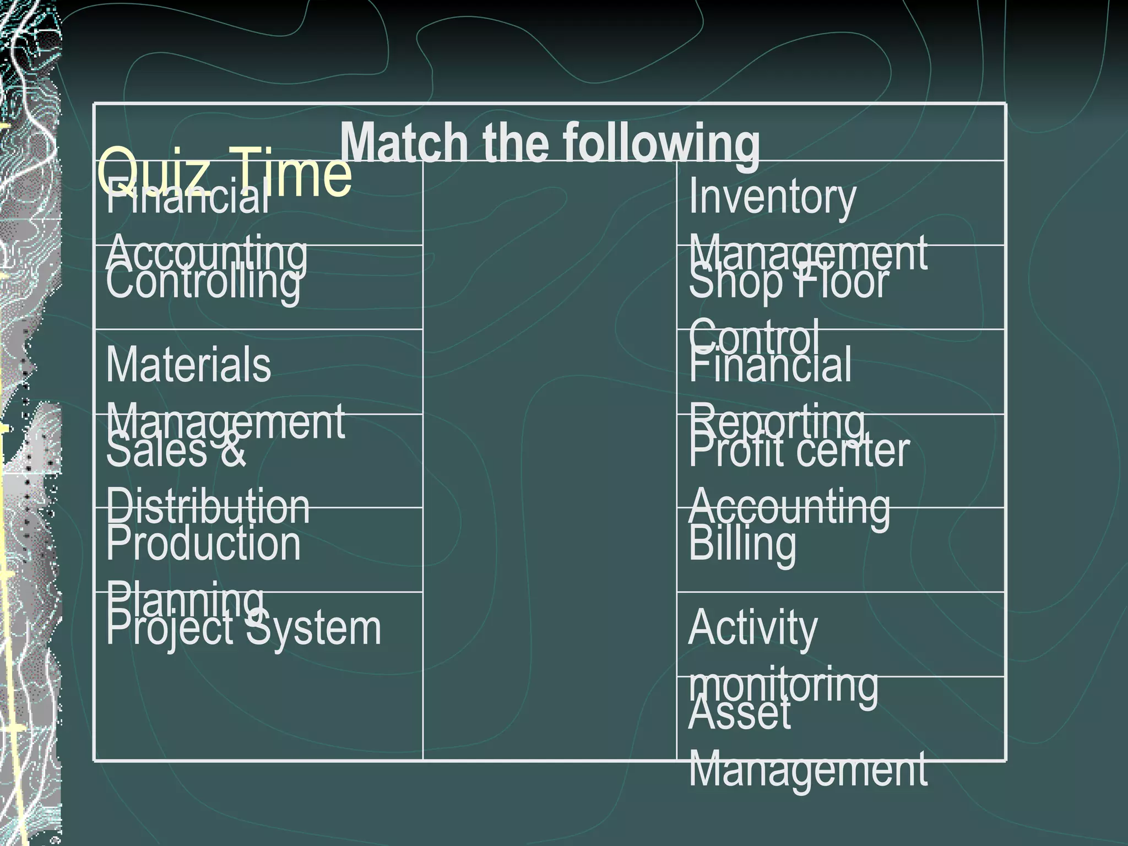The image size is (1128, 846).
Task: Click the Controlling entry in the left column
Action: (x=203, y=283)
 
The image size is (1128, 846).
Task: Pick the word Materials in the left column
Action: (x=188, y=365)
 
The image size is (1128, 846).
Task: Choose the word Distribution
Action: (x=208, y=507)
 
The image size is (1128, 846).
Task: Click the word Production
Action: (x=203, y=544)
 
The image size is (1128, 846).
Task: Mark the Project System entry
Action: (x=243, y=628)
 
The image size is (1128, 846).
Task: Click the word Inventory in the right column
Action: (x=772, y=198)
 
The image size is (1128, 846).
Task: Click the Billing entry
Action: (x=742, y=544)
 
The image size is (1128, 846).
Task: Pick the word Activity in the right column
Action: (x=752, y=628)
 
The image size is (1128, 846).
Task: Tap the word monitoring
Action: (x=783, y=686)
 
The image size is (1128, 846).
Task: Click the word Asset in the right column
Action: (x=739, y=713)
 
